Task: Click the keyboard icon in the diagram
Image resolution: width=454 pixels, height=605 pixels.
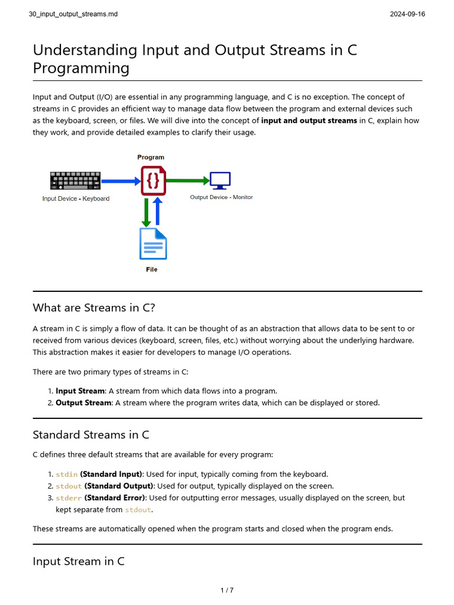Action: click(75, 181)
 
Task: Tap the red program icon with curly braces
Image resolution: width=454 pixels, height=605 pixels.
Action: click(153, 181)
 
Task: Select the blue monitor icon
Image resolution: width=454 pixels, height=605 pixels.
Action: click(220, 180)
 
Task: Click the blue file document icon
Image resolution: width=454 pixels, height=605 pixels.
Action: click(153, 243)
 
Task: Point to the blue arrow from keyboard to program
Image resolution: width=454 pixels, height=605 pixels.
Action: click(121, 181)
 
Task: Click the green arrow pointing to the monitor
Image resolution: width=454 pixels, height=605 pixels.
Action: click(188, 180)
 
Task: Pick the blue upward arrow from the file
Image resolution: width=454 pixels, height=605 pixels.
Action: click(158, 212)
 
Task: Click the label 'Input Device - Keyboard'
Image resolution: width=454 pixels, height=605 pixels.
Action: click(76, 199)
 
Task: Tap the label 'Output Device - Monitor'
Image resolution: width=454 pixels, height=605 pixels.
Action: click(221, 197)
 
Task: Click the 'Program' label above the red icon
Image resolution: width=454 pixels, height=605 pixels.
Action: click(151, 157)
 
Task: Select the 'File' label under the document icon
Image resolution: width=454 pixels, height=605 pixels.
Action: click(152, 269)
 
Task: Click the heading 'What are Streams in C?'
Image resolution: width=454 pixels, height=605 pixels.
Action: click(94, 307)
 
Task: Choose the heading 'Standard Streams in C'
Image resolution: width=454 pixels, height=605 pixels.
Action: click(91, 435)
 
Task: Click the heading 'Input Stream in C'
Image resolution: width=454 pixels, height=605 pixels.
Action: click(79, 561)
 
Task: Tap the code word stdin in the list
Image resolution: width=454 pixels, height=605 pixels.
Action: click(67, 474)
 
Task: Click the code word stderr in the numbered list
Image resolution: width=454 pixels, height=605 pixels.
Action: click(69, 498)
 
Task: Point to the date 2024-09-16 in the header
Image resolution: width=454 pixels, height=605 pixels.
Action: click(407, 14)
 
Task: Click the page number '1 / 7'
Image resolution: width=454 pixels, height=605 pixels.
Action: click(227, 590)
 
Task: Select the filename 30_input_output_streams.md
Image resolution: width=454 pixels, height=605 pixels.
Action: click(73, 14)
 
